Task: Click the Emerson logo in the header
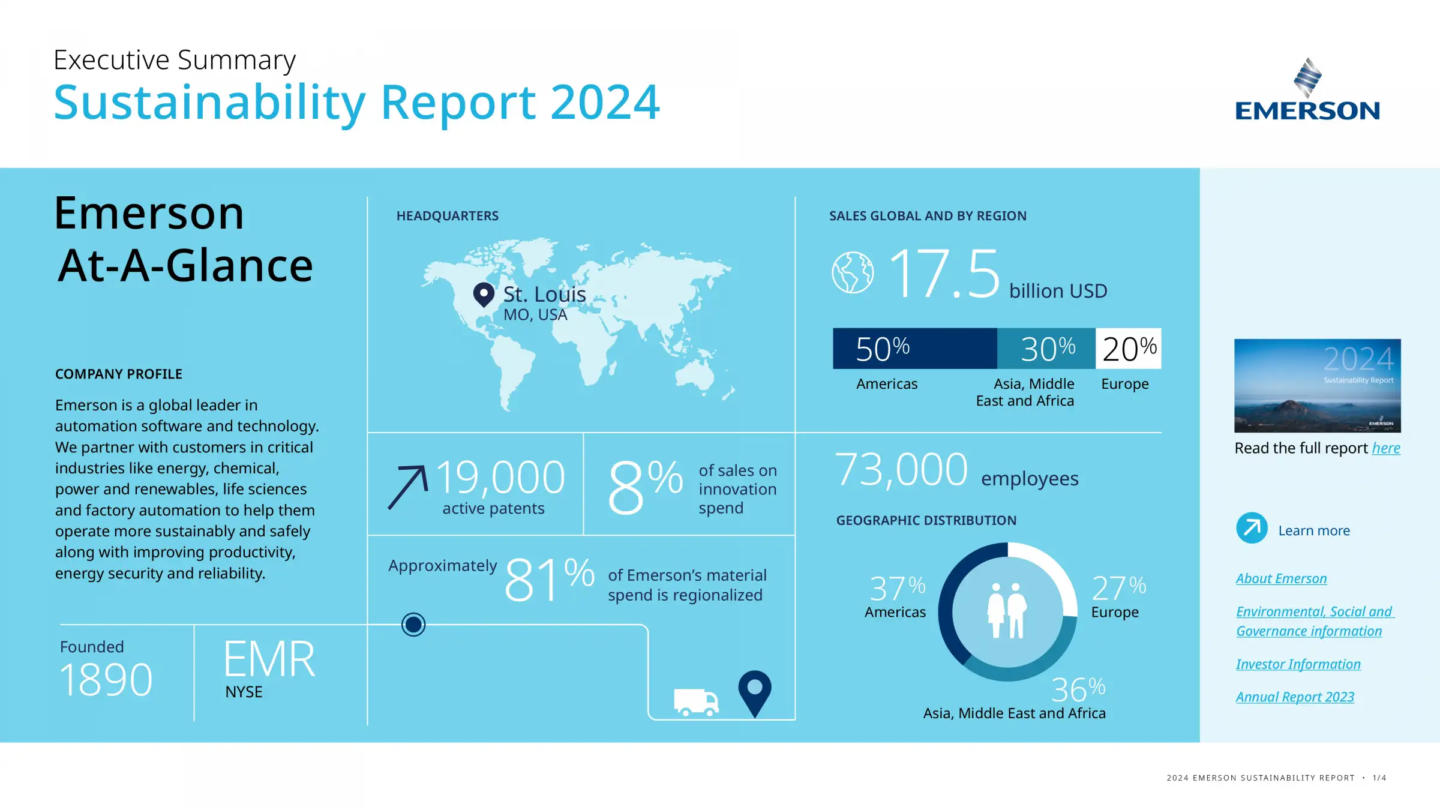[1307, 90]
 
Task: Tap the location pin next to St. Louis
[484, 295]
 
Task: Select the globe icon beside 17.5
[853, 272]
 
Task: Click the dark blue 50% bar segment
[914, 349]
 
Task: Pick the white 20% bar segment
[1129, 349]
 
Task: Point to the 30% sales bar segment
[1046, 349]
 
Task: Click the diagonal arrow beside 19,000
[408, 487]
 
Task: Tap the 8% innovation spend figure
[645, 486]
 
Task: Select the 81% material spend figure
[549, 580]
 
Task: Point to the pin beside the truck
[755, 692]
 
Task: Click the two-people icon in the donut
[1007, 610]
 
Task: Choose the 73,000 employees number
[901, 470]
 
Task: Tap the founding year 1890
[106, 680]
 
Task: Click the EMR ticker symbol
[269, 659]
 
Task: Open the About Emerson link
[1281, 578]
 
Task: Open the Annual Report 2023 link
[1295, 697]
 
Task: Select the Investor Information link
[1298, 664]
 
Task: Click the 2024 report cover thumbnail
[1317, 385]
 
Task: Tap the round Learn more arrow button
[1252, 528]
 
